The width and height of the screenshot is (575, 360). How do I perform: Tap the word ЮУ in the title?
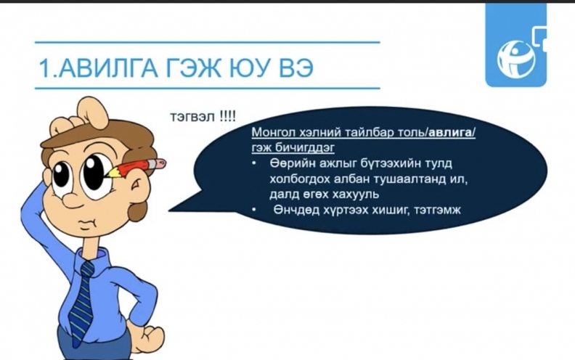coord(250,67)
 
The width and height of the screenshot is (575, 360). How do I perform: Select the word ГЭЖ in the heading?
coord(194,67)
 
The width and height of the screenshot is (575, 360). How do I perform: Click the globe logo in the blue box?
coord(516,59)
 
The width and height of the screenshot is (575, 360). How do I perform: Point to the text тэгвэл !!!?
coord(203,117)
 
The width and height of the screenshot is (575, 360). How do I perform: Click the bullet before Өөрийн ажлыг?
coord(255,163)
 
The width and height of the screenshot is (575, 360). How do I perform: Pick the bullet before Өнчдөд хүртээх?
coord(255,210)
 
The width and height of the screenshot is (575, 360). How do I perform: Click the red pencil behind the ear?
coord(136,169)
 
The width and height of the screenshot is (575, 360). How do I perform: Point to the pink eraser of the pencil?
coord(160,163)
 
